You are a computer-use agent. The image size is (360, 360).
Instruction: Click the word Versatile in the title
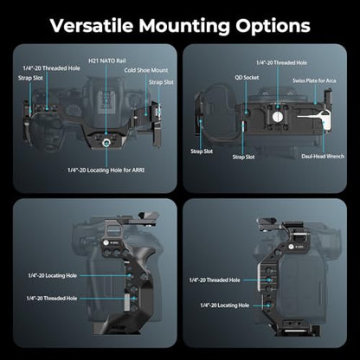pyautogui.click(x=92, y=25)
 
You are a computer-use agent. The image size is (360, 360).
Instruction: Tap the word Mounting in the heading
pyautogui.click(x=184, y=26)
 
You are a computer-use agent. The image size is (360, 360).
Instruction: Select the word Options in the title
pyautogui.click(x=273, y=26)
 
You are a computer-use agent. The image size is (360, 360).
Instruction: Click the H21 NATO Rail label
pyautogui.click(x=107, y=61)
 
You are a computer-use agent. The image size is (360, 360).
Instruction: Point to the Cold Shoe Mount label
pyautogui.click(x=146, y=70)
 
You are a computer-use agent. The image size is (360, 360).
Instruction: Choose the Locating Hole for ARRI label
pyautogui.click(x=106, y=170)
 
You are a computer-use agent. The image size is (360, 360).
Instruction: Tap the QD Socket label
pyautogui.click(x=247, y=78)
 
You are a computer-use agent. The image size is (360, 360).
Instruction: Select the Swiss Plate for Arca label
pyautogui.click(x=314, y=80)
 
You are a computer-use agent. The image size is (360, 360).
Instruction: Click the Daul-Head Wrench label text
pyautogui.click(x=323, y=157)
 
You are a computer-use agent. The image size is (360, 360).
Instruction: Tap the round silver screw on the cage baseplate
pyautogui.click(x=278, y=117)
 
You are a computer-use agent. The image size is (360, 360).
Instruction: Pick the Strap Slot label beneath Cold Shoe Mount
pyautogui.click(x=161, y=82)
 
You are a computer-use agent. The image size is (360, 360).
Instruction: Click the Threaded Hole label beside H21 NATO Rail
pyautogui.click(x=52, y=68)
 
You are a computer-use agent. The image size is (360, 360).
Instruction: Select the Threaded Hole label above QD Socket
pyautogui.click(x=281, y=62)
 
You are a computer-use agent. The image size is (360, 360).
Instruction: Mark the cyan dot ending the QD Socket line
pyautogui.click(x=247, y=112)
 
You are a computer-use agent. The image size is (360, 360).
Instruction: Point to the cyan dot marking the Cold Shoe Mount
pyautogui.click(x=146, y=114)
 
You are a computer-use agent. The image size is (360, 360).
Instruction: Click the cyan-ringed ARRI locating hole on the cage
pyautogui.click(x=106, y=142)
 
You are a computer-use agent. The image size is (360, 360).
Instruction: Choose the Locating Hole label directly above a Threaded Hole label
pyautogui.click(x=53, y=275)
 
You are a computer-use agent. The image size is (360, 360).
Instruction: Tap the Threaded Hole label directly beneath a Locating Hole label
pyautogui.click(x=52, y=299)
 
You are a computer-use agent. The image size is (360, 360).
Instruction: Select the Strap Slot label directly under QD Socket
pyautogui.click(x=243, y=157)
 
